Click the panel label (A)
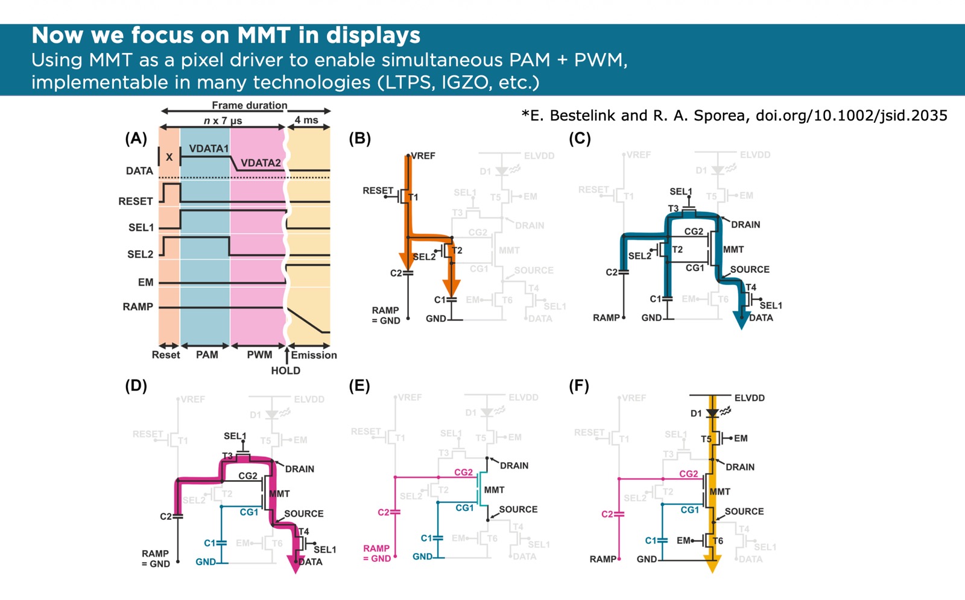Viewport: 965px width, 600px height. tap(136, 139)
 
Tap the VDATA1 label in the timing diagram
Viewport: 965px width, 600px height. tap(209, 148)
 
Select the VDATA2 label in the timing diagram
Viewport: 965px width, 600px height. tap(261, 163)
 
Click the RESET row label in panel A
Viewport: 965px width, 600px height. tap(135, 201)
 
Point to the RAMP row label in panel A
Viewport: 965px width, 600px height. tap(138, 307)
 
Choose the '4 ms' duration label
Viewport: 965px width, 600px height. tap(306, 120)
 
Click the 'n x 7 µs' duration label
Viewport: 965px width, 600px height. tap(223, 120)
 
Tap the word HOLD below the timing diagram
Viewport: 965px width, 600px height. tap(285, 370)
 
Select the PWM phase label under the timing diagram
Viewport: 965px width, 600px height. tap(259, 355)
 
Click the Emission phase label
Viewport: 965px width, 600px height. tap(314, 355)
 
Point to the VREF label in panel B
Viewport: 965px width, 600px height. tap(423, 155)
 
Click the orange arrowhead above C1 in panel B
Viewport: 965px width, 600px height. tap(451, 287)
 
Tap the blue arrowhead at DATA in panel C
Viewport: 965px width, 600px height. tap(741, 320)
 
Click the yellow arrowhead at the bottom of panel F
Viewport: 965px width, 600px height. tap(712, 564)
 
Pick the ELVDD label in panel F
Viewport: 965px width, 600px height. tap(749, 398)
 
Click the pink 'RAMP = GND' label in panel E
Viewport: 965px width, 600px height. tap(376, 553)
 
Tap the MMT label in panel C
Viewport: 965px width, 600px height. tap(733, 249)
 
